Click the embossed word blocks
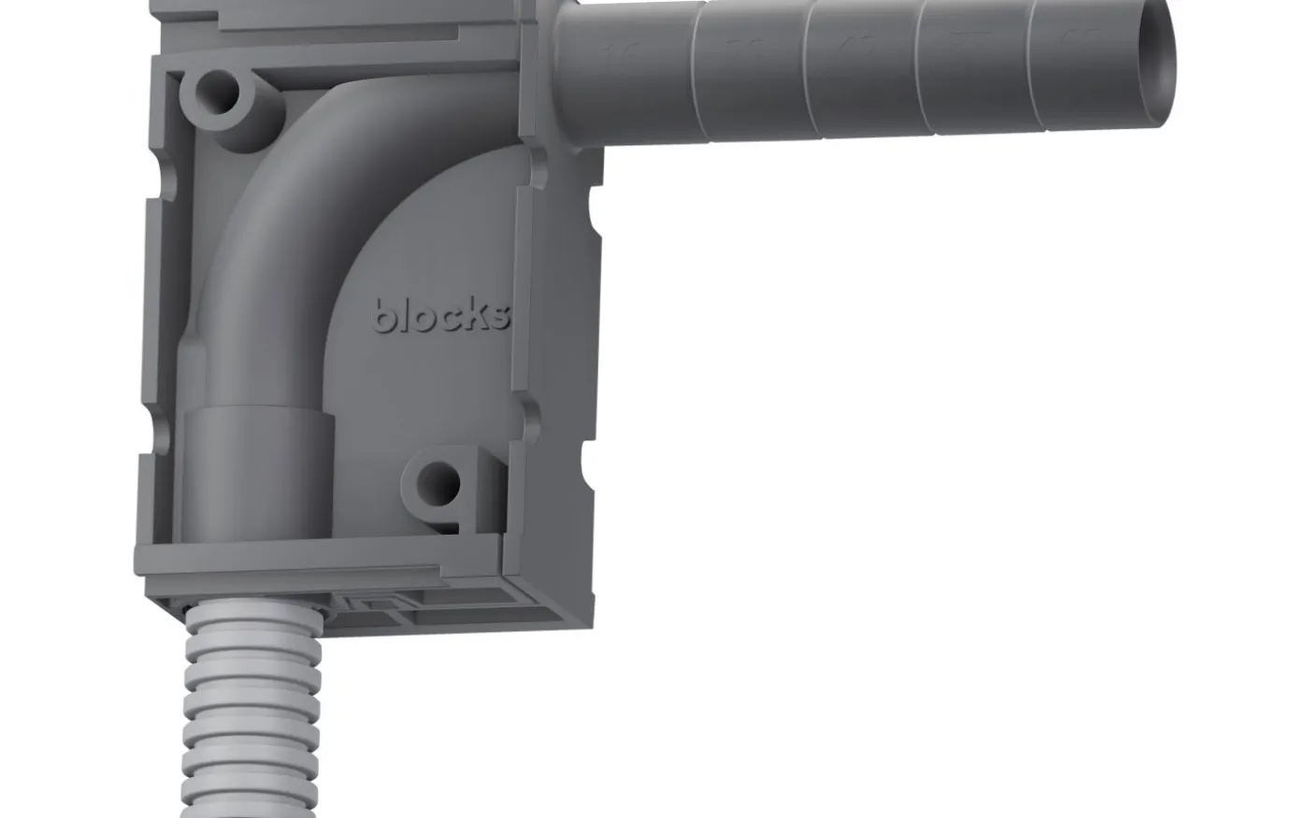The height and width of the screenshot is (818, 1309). click(442, 315)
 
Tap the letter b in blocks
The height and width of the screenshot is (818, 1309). click(384, 315)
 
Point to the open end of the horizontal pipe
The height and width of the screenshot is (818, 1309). click(1158, 64)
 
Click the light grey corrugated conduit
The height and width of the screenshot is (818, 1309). click(252, 710)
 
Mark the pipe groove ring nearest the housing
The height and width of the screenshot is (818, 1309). click(693, 70)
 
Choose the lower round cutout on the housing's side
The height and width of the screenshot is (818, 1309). click(589, 458)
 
